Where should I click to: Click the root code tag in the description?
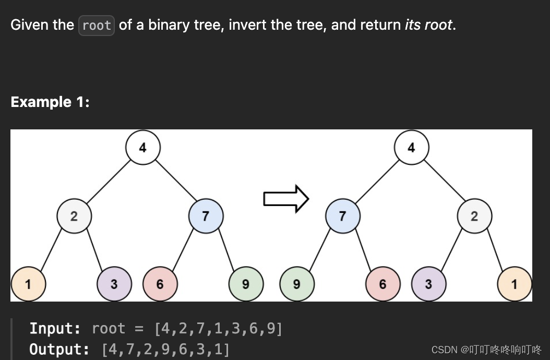(97, 26)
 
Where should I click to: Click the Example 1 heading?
(50, 102)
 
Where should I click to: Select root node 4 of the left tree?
(143, 148)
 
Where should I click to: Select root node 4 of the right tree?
(411, 148)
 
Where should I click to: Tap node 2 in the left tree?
(74, 216)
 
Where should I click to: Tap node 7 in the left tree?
(206, 216)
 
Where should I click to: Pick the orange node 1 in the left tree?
(28, 284)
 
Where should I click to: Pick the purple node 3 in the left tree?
(114, 284)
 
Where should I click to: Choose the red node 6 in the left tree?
(160, 284)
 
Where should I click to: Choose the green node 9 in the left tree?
(246, 284)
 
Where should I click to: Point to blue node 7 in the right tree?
(342, 216)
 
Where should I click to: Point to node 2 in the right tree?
(474, 216)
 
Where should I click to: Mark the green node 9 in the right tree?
(297, 284)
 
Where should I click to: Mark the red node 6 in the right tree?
(382, 284)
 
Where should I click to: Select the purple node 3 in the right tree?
(428, 284)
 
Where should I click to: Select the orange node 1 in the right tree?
(515, 284)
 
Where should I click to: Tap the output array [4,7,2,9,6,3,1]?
(165, 349)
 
